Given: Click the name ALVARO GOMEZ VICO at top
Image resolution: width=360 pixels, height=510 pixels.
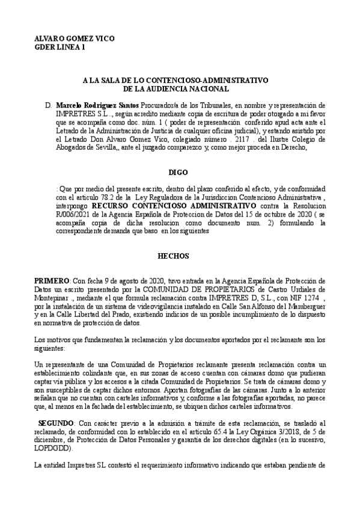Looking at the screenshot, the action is [75, 38].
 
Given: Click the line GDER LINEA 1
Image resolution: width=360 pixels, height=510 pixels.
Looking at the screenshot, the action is [60, 46].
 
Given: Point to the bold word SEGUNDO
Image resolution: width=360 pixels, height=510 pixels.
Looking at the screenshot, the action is [58, 423].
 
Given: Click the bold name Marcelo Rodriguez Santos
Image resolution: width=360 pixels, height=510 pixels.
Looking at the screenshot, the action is [93, 105].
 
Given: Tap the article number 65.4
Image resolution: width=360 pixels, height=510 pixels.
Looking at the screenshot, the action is [217, 432].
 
